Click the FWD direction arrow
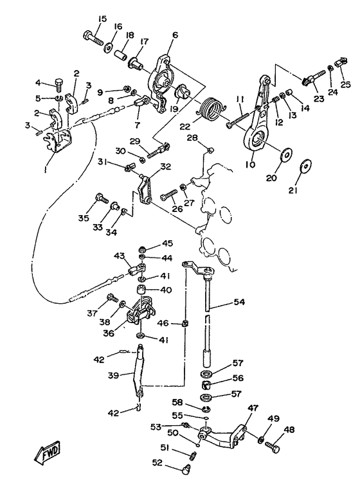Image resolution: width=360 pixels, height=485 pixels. click(47, 451)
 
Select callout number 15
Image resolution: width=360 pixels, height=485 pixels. click(102, 19)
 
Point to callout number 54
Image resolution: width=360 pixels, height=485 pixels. click(239, 301)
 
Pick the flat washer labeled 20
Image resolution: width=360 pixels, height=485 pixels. click(286, 154)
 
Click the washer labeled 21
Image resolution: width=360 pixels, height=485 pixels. click(306, 166)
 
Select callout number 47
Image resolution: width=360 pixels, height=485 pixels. click(253, 408)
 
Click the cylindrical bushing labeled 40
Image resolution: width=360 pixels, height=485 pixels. click(141, 291)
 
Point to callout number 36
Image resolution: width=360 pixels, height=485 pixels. click(109, 333)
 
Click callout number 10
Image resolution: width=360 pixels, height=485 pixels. click(251, 164)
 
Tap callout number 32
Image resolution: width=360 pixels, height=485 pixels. click(166, 166)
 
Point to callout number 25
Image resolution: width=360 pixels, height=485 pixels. click(346, 84)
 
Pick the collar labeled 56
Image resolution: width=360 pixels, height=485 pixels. click(206, 385)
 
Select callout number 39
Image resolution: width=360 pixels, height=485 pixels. click(113, 375)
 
